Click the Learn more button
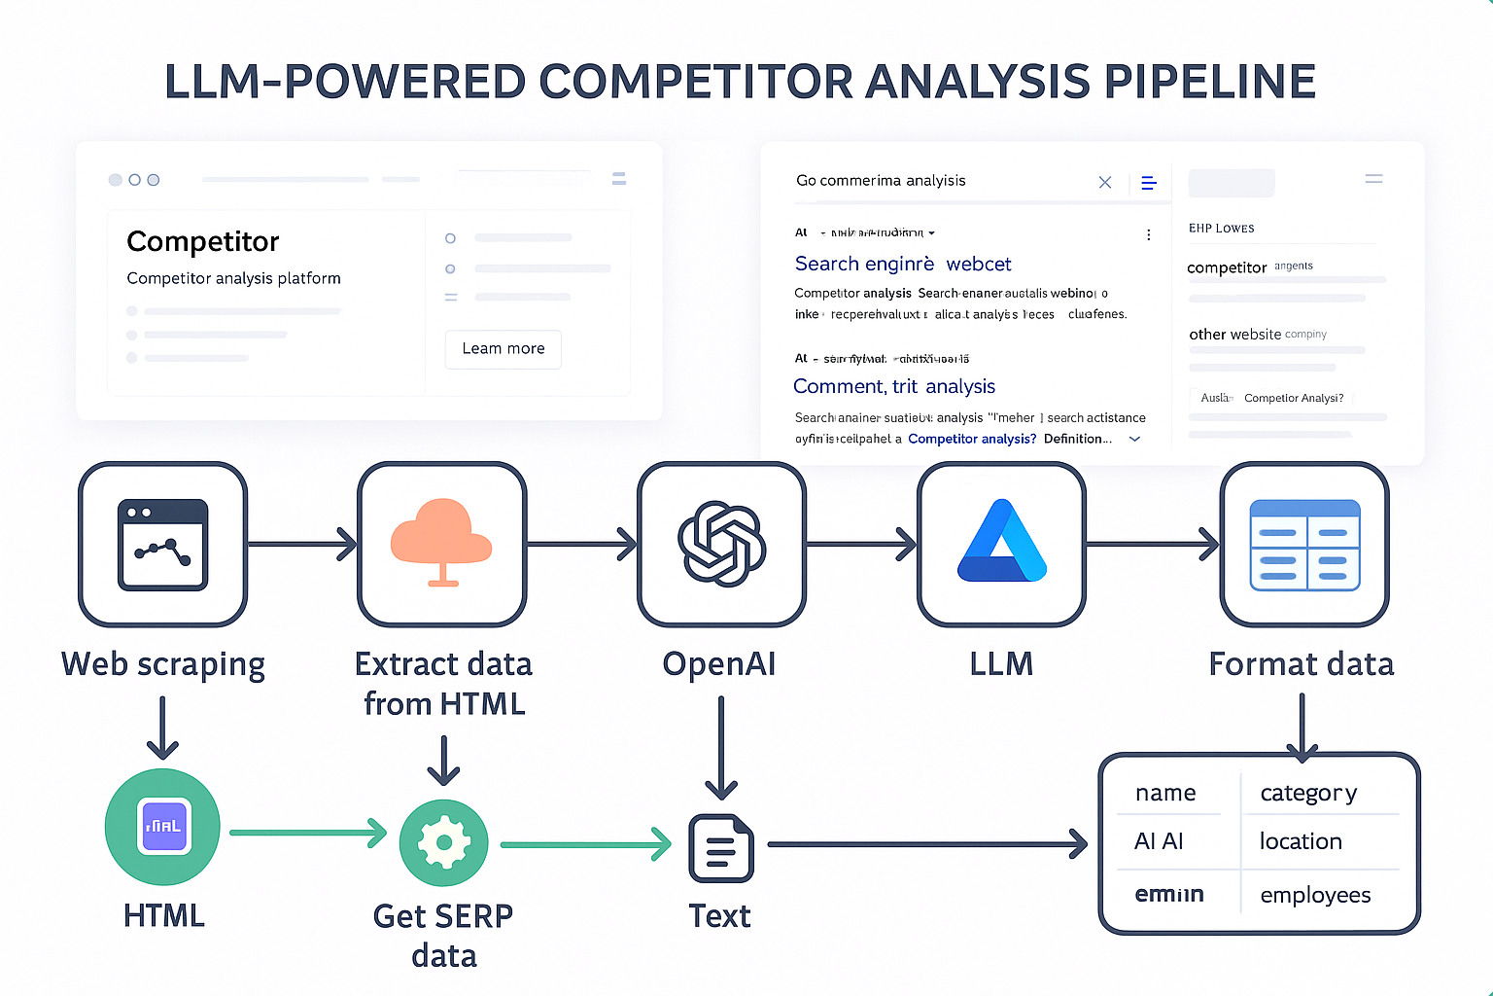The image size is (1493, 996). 503,349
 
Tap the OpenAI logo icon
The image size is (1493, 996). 721,544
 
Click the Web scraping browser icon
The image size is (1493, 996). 162,544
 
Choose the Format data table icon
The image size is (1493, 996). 1304,545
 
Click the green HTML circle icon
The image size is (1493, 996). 162,827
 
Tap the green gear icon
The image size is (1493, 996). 443,842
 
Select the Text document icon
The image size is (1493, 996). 720,848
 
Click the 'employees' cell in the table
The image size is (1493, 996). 1315,895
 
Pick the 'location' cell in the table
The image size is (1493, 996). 1301,841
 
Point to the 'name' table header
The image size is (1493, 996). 1165,793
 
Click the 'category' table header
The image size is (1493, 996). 1308,793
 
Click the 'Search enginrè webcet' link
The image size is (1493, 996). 903,264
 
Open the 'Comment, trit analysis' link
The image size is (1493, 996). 894,386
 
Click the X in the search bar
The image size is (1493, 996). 1105,182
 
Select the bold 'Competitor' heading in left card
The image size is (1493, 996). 203,241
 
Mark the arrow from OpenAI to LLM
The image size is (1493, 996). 861,544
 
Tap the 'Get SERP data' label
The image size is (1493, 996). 443,935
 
